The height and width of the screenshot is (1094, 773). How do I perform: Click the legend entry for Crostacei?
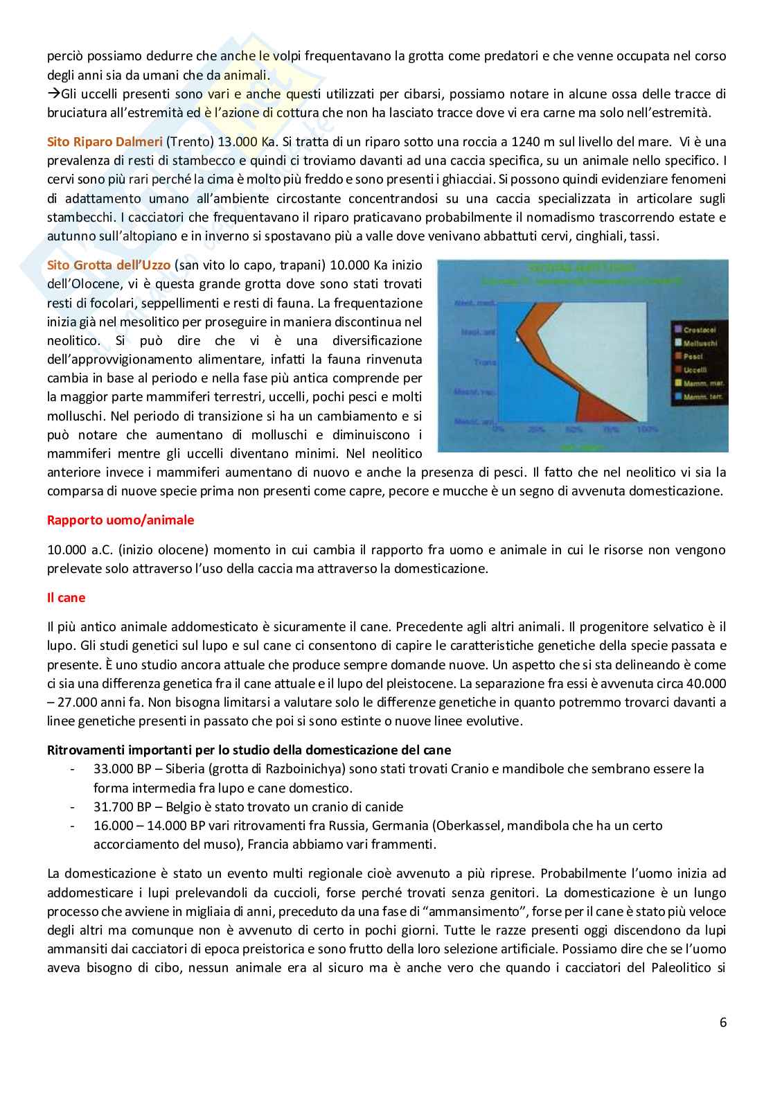click(x=698, y=330)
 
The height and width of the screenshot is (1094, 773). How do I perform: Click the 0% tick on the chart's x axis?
click(x=497, y=430)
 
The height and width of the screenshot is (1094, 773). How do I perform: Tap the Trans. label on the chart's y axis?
click(x=485, y=362)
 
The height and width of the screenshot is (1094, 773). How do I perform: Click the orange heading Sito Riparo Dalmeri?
click(x=105, y=142)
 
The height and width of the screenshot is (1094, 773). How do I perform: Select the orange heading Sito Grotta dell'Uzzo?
click(x=108, y=265)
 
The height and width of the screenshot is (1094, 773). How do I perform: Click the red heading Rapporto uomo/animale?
click(x=121, y=520)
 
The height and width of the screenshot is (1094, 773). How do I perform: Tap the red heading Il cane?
click(x=66, y=598)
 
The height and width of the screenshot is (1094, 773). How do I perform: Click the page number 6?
click(x=723, y=1023)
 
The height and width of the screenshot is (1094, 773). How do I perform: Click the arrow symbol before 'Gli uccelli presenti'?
click(x=53, y=94)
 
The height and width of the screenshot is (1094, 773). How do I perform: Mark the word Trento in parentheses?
click(x=186, y=142)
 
